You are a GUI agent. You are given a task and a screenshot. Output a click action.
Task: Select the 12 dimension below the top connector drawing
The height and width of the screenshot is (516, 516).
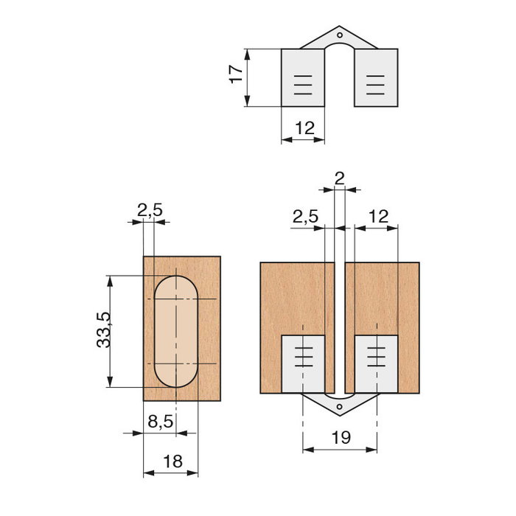tap(304, 128)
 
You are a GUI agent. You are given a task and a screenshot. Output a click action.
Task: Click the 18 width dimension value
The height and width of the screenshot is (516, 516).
tap(172, 461)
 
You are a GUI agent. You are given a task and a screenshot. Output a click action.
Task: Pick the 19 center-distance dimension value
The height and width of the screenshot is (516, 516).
tap(340, 438)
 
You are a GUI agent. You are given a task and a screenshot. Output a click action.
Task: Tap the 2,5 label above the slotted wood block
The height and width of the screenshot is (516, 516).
tap(150, 210)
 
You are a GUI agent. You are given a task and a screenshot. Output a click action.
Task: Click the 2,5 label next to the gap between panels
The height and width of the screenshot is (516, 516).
tap(305, 217)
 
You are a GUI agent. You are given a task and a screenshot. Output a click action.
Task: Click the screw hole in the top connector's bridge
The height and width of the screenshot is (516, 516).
tap(340, 34)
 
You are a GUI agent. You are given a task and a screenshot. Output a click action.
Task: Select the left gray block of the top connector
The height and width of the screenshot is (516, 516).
tap(303, 77)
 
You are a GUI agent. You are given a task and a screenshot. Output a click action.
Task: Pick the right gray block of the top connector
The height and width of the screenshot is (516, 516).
tap(376, 77)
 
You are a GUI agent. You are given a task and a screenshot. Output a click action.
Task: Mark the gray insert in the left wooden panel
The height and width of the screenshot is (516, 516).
tap(303, 363)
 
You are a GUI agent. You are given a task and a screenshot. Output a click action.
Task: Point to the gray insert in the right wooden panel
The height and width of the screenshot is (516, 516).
tap(376, 363)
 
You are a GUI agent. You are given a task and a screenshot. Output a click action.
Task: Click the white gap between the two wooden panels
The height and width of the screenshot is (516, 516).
tap(340, 324)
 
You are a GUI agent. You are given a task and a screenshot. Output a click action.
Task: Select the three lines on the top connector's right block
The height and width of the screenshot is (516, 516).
tap(375, 86)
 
